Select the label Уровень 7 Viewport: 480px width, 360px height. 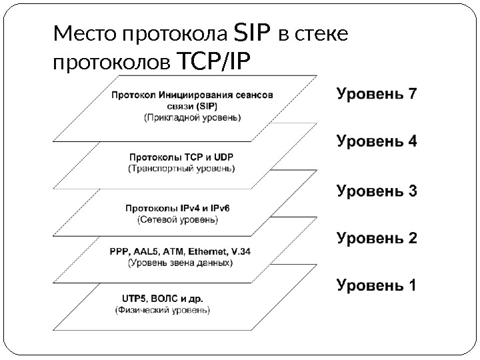tap(377, 93)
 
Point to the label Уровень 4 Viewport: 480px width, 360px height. tap(377, 141)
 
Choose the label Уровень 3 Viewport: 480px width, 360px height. tap(377, 191)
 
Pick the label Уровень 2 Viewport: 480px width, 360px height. tap(377, 237)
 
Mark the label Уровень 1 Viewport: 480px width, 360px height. tap(377, 287)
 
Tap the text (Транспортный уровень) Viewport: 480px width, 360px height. tap(181, 169)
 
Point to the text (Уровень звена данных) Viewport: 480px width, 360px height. tap(180, 263)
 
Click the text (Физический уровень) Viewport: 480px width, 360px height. tap(163, 310)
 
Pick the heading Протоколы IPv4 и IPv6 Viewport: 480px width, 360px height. tap(177, 207)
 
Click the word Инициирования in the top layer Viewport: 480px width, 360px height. tap(185, 95)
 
